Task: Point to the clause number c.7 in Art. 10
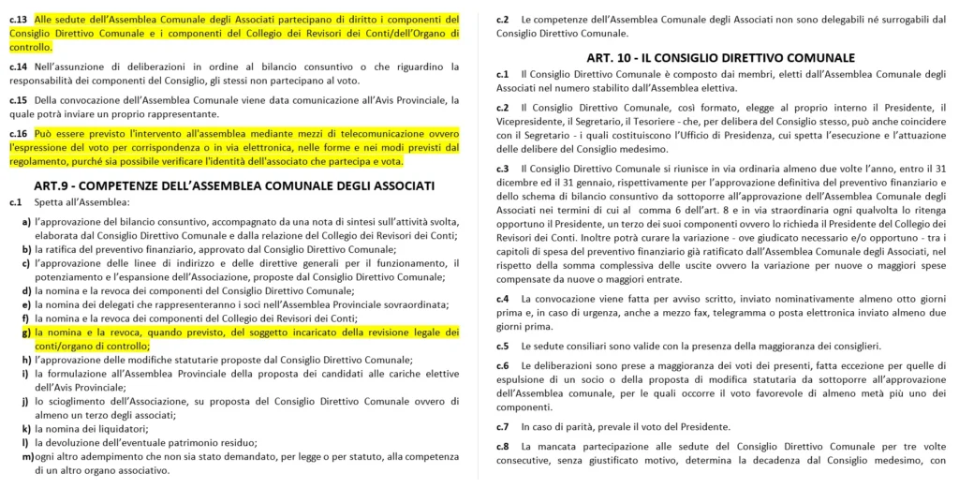coord(503,426)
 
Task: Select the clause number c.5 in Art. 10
coord(503,346)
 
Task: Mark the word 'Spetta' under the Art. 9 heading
coord(52,202)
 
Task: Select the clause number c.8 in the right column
coord(503,447)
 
